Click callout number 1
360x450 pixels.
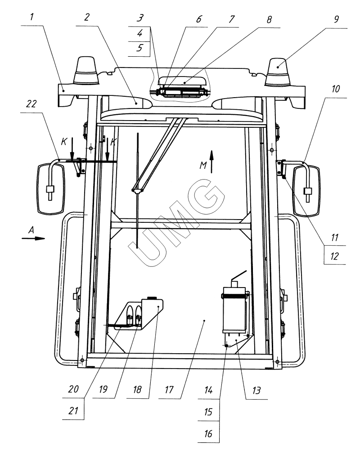32,17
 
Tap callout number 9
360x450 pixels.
336,19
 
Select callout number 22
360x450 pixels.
31,103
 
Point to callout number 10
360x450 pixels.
335,89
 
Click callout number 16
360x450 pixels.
208,433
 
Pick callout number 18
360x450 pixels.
137,389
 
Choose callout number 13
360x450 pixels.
256,390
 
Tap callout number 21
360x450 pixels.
73,410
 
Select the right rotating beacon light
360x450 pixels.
278,72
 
